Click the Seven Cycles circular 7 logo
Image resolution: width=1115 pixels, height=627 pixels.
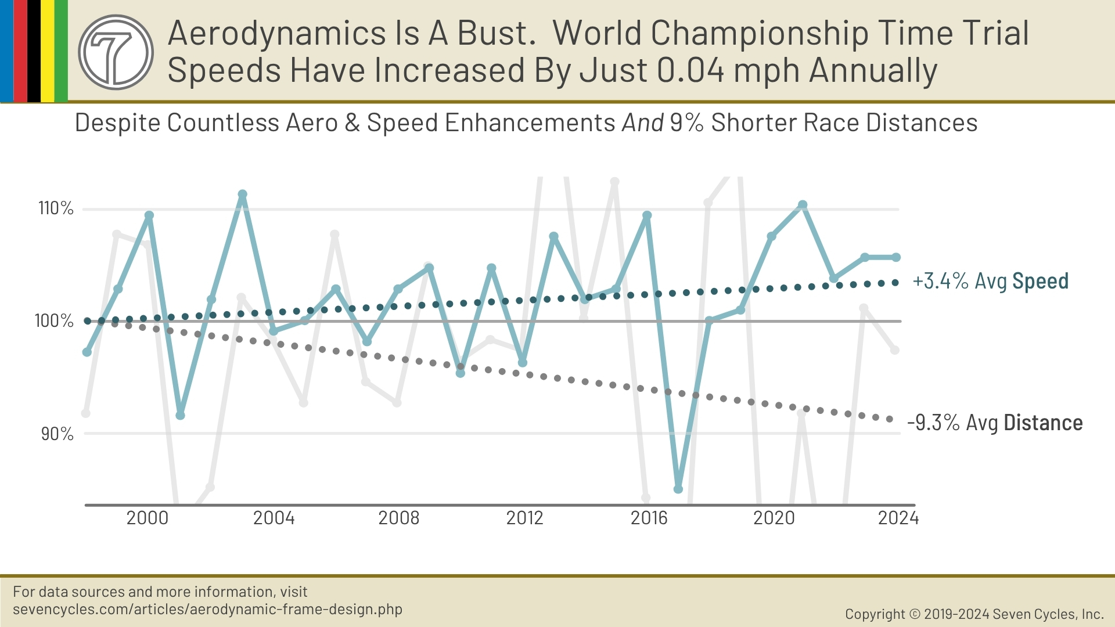point(116,52)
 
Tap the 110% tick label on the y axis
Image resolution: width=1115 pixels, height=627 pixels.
point(56,208)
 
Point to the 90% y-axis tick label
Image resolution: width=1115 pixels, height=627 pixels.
point(57,434)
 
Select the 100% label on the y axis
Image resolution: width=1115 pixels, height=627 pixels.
point(54,320)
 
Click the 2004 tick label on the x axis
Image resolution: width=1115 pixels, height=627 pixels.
point(274,518)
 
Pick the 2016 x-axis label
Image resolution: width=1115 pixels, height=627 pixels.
point(649,518)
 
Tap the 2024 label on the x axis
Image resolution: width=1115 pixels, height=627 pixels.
point(898,518)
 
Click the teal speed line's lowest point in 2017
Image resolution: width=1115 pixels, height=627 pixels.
point(678,489)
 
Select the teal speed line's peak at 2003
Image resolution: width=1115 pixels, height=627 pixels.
point(243,194)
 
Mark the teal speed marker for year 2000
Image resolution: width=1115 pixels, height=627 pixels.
point(149,215)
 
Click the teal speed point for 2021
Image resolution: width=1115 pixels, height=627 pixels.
point(803,205)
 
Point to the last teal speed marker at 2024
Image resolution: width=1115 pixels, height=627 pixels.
point(896,257)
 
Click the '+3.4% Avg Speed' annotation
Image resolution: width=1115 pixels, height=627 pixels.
point(990,281)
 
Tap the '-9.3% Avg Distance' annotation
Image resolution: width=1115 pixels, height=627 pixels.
point(995,423)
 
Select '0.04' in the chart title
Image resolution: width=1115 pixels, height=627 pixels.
point(691,71)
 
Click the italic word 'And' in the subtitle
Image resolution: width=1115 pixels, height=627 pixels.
point(643,123)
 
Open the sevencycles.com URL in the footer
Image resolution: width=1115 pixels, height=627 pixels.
point(207,610)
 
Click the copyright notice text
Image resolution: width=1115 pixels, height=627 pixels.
point(974,614)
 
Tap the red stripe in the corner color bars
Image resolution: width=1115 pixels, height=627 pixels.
point(20,51)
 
